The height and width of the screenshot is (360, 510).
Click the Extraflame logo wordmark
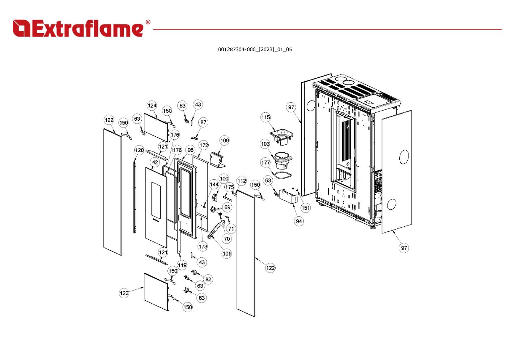[81, 28]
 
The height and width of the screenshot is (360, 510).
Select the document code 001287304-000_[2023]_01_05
[255, 50]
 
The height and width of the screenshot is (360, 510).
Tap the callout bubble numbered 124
[152, 106]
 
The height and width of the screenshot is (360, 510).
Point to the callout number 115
[265, 117]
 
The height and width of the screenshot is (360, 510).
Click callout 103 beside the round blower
[265, 144]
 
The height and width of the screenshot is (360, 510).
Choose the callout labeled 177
[265, 162]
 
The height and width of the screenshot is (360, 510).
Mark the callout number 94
[299, 221]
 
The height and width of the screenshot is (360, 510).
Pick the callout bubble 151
[306, 207]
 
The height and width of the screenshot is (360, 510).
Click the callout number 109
[224, 141]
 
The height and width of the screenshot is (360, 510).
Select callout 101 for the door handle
[226, 253]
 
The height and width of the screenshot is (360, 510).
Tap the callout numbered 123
[124, 293]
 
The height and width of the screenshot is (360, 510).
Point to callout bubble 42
[155, 162]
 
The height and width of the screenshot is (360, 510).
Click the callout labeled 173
[203, 247]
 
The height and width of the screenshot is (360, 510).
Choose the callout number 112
[242, 181]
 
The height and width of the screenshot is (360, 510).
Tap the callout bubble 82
[208, 279]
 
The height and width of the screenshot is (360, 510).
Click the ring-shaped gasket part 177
[281, 175]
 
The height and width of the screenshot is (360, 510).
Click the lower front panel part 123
[156, 292]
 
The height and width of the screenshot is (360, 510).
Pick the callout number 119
[182, 265]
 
